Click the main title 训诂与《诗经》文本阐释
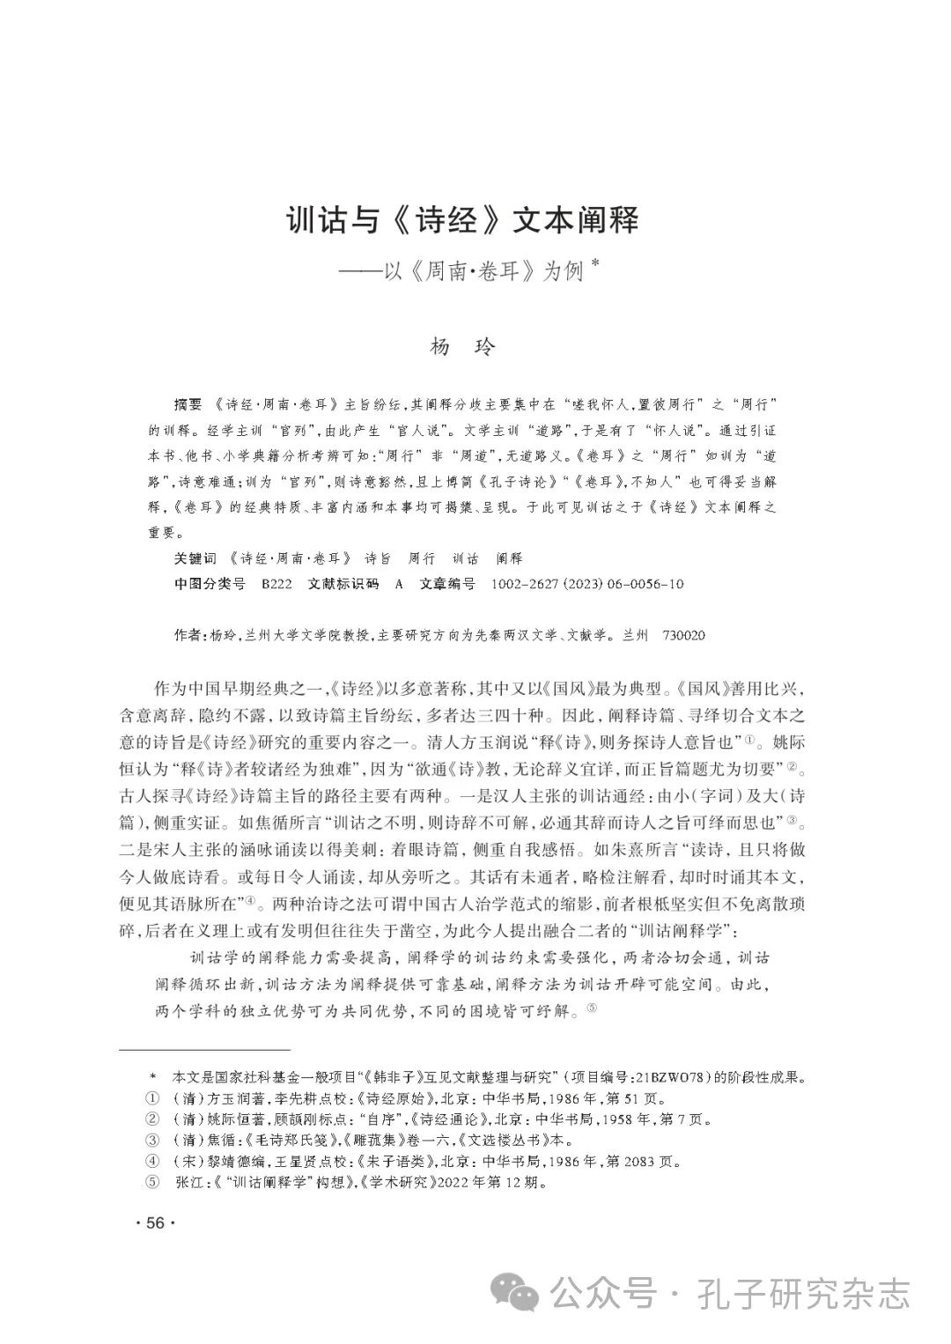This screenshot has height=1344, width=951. tap(464, 219)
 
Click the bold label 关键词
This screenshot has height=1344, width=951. tap(195, 558)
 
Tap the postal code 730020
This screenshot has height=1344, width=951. tap(683, 635)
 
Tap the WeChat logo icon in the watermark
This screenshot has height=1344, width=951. tap(517, 1293)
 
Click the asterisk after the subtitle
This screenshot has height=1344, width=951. tap(594, 262)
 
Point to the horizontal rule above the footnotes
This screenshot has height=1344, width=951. tap(204, 1050)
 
